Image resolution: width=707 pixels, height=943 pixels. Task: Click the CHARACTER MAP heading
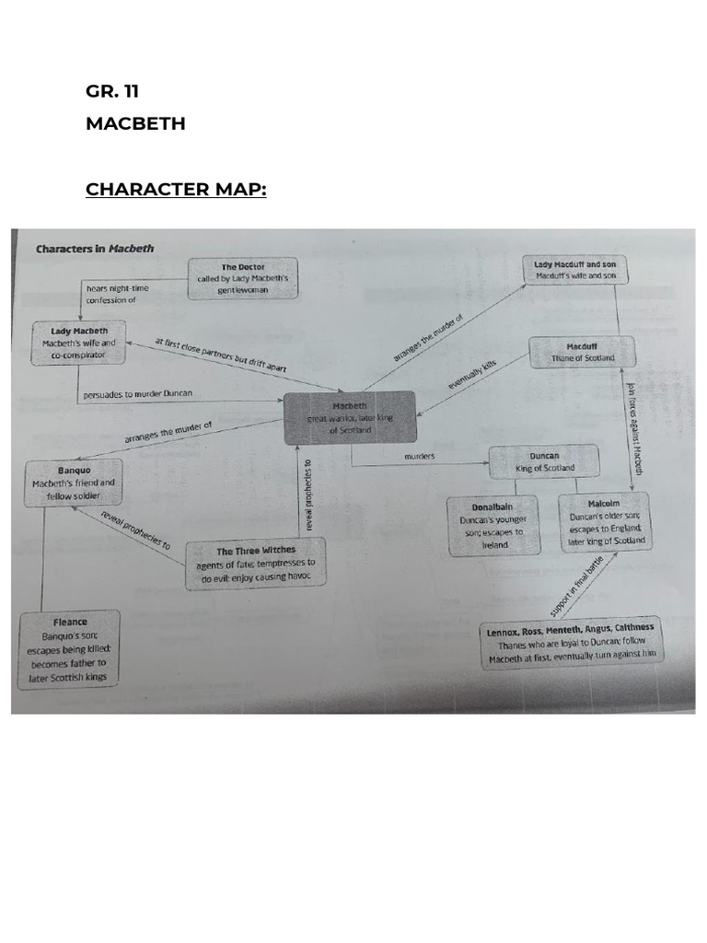[176, 190]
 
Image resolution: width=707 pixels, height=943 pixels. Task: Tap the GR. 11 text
[112, 90]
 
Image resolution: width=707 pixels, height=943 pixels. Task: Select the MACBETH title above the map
[135, 123]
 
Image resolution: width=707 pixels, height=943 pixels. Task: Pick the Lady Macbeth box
[79, 343]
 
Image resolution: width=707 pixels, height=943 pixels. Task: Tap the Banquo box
[73, 482]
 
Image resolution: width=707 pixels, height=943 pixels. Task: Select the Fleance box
[71, 649]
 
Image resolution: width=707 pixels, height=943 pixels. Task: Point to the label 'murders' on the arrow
[420, 456]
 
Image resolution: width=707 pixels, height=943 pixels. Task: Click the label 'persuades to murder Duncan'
[138, 394]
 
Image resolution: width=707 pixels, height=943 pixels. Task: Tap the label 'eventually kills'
[473, 374]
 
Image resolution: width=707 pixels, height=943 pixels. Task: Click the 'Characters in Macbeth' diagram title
[95, 248]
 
